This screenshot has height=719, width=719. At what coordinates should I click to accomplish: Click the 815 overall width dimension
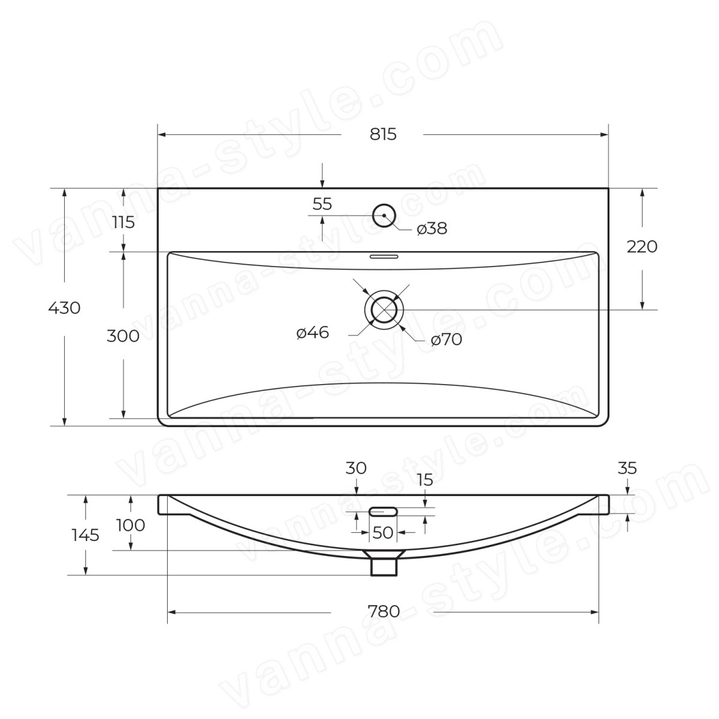(x=383, y=134)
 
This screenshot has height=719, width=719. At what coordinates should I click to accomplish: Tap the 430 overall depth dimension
(x=64, y=308)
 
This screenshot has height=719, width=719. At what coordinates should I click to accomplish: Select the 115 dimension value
(x=123, y=223)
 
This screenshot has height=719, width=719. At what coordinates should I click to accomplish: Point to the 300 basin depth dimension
(x=123, y=336)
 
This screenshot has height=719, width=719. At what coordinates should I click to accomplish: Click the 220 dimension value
(x=642, y=247)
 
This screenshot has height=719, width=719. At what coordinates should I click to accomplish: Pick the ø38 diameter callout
(x=431, y=228)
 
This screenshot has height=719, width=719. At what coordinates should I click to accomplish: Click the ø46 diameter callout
(x=313, y=333)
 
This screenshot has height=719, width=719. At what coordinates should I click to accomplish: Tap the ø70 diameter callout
(x=446, y=340)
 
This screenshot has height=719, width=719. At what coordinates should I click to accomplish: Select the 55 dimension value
(x=322, y=204)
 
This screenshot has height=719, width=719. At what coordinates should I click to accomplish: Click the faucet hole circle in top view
(x=384, y=204)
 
